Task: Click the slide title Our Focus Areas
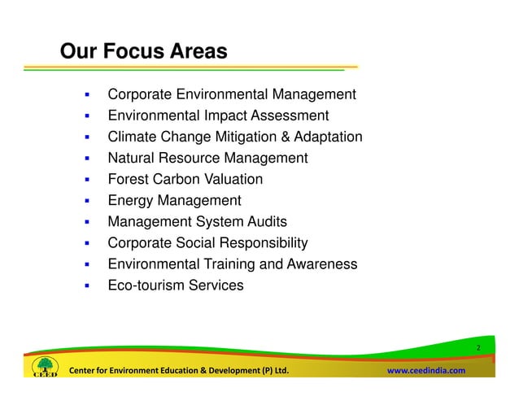click(143, 52)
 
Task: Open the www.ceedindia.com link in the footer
click(425, 371)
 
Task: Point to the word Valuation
click(233, 180)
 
